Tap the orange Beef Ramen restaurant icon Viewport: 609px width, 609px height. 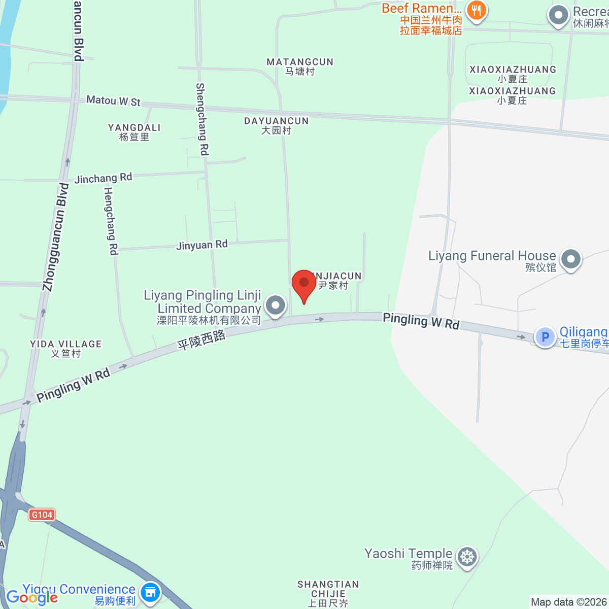tap(476, 10)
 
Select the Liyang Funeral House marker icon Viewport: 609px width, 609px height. tap(571, 259)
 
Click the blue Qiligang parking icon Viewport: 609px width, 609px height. tap(545, 336)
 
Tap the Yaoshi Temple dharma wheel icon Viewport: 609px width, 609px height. tap(467, 557)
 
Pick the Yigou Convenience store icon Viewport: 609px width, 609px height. tap(150, 592)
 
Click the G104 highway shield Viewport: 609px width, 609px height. tap(42, 515)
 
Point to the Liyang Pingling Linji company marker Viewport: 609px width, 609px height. tap(276, 306)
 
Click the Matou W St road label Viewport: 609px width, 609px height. tap(113, 100)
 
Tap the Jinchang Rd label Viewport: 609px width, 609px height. tap(103, 178)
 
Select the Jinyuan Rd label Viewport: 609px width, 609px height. tap(202, 245)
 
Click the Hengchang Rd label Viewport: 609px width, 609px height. tap(111, 221)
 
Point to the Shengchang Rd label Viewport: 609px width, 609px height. tap(202, 119)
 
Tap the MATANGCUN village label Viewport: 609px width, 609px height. tap(300, 66)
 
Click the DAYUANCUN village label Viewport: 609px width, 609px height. tap(277, 125)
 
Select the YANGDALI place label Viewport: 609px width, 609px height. tap(134, 132)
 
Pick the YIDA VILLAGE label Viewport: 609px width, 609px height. tap(66, 349)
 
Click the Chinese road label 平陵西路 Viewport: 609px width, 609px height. tap(201, 340)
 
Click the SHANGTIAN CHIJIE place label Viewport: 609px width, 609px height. tap(328, 593)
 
